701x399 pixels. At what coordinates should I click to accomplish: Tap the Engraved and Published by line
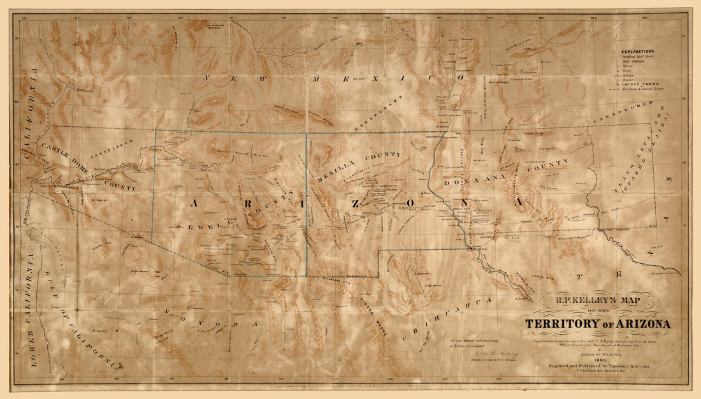(598, 367)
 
